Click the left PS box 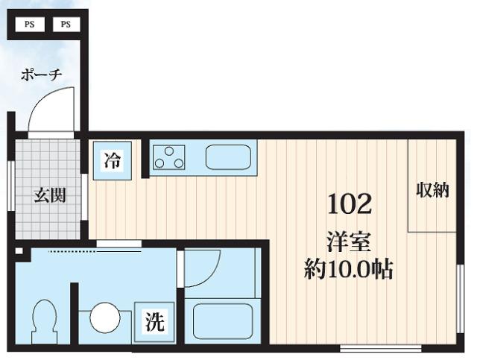30,24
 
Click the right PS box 66,24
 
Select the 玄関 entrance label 50,195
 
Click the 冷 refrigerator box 113,160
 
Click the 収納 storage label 432,190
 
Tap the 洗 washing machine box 154,323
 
